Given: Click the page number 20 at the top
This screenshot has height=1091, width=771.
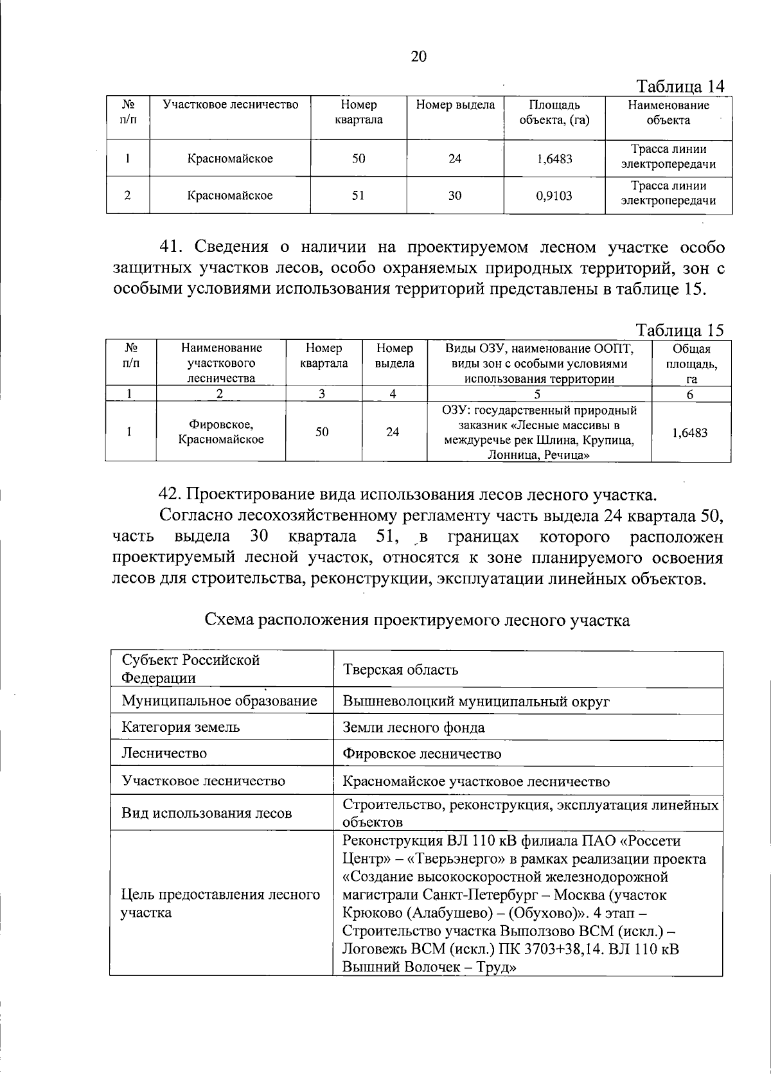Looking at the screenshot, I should [x=418, y=57].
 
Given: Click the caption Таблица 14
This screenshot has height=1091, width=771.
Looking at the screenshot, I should [x=680, y=86].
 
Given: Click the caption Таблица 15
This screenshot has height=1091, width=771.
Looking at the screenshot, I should [x=680, y=330].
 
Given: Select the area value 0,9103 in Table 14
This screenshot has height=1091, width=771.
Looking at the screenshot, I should [x=553, y=195].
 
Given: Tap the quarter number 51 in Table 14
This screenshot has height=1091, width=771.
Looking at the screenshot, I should [x=359, y=195].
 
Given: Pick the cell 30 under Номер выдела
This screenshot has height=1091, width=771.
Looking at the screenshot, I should [x=455, y=195].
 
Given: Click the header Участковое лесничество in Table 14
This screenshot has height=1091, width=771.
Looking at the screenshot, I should [x=230, y=105].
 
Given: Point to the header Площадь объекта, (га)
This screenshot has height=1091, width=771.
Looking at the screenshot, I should [x=553, y=112].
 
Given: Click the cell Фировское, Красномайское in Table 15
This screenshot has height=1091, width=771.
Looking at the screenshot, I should [x=221, y=432].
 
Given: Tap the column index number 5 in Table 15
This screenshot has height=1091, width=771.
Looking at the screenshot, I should [x=538, y=395].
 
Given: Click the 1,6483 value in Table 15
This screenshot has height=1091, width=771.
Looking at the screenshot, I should [x=690, y=432].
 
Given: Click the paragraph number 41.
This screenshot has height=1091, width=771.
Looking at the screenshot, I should [x=172, y=247].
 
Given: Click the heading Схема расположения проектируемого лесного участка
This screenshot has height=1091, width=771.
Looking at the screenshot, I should [x=416, y=620].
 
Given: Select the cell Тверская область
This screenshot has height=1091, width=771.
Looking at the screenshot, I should [x=400, y=670].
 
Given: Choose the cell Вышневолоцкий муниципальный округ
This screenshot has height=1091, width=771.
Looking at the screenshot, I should [x=475, y=701].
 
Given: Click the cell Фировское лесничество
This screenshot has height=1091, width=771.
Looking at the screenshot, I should [x=421, y=754].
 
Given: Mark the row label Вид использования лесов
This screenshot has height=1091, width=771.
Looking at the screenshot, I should [x=206, y=813].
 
